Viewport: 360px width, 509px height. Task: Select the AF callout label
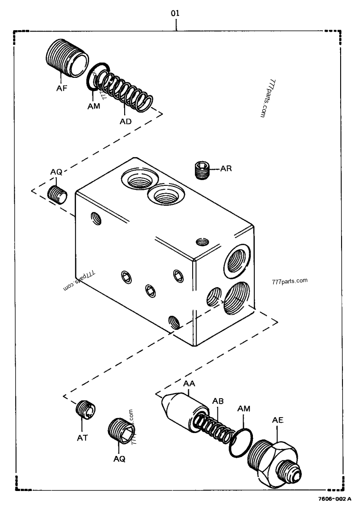(62, 88)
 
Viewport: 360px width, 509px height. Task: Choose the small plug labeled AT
(85, 409)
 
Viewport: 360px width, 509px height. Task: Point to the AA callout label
(189, 383)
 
